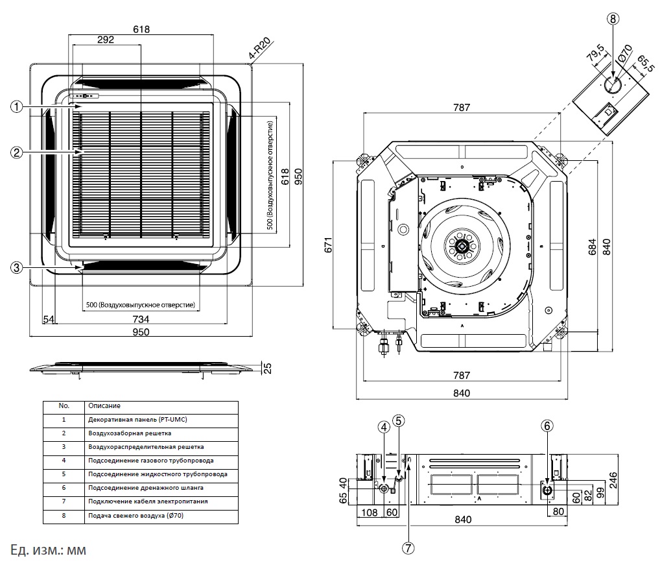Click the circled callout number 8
click(613, 18)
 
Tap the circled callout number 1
click(18, 106)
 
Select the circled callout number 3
click(18, 267)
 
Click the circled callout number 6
click(548, 426)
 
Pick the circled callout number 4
click(384, 426)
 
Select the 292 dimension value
click(106, 40)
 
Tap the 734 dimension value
click(141, 319)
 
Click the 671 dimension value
click(329, 245)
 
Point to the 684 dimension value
click(593, 247)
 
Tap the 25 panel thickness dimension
click(266, 368)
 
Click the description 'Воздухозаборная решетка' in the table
click(129, 432)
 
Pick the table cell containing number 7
click(64, 501)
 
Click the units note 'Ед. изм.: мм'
click(49, 550)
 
